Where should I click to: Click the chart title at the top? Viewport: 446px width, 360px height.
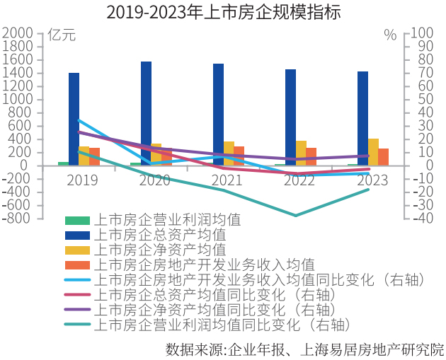(x=223, y=12)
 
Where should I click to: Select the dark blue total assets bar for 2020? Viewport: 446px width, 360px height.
(x=146, y=113)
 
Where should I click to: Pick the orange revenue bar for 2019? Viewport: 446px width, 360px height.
(x=94, y=156)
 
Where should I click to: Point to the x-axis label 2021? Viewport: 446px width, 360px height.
(x=227, y=180)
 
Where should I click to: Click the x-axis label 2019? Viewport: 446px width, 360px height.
(x=83, y=180)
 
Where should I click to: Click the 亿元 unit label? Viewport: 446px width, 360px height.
(x=61, y=34)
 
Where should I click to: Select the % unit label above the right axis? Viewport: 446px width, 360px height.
(x=390, y=34)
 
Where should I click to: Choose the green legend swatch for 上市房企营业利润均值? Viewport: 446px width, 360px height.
(x=77, y=220)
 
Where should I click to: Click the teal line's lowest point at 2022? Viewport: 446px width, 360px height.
(x=296, y=216)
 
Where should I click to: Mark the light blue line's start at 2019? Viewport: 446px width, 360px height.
(x=79, y=120)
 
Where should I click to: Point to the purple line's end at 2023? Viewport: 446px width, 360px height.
(x=368, y=156)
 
